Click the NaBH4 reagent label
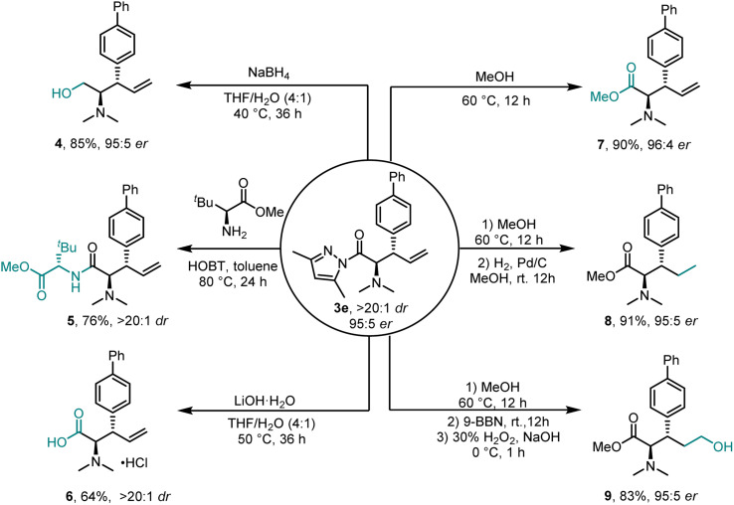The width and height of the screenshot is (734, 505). click(268, 71)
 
